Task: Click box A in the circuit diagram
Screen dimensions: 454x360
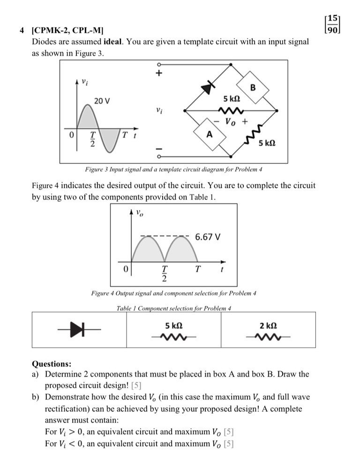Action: pyautogui.click(x=210, y=134)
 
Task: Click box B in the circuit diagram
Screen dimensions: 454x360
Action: pyautogui.click(x=253, y=88)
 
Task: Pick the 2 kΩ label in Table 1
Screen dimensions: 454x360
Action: pyautogui.click(x=268, y=325)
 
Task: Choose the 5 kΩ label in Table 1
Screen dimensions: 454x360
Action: pyautogui.click(x=174, y=325)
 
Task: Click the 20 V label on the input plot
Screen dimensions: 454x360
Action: pyautogui.click(x=102, y=101)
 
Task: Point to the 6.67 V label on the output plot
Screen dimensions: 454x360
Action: pyautogui.click(x=207, y=237)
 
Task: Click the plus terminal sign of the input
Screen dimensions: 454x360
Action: pyautogui.click(x=158, y=74)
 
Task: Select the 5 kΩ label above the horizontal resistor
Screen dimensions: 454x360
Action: pyautogui.click(x=232, y=99)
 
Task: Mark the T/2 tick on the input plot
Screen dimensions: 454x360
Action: pyautogui.click(x=93, y=139)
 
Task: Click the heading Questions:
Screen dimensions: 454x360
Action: pyautogui.click(x=52, y=364)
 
